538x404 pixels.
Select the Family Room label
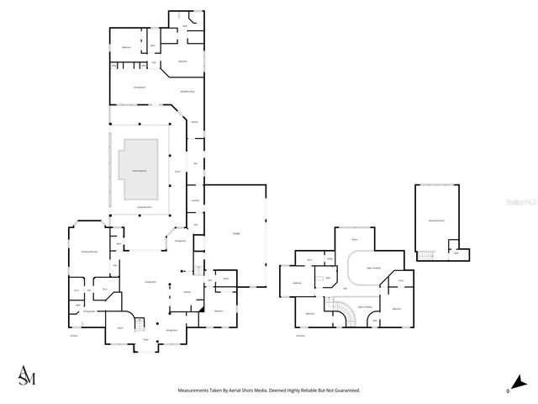point(140,88)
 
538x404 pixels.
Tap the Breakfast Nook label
point(187,91)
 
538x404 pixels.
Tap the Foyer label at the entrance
point(146,340)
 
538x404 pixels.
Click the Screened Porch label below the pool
point(144,206)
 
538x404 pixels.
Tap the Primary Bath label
point(87,311)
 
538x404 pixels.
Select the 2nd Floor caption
point(300,335)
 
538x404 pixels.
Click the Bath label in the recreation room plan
point(456,252)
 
